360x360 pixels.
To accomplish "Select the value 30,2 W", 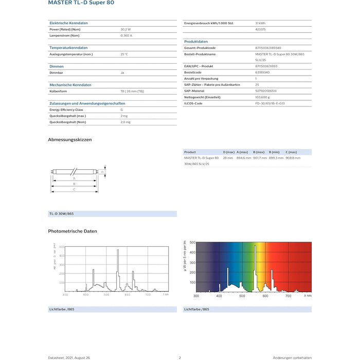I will (x=126, y=29).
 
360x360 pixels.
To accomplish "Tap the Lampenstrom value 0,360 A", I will (x=127, y=36).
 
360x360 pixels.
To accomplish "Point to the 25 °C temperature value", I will (x=124, y=54).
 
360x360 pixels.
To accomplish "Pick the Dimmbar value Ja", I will (x=122, y=73).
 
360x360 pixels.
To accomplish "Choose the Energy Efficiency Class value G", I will (x=122, y=110).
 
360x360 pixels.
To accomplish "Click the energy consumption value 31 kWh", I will (x=261, y=23).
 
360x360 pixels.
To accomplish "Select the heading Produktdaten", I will (x=196, y=41).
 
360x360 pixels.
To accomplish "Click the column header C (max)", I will (x=291, y=152).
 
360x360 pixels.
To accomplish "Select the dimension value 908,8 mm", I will (x=293, y=158).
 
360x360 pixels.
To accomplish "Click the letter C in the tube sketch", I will (x=75, y=190).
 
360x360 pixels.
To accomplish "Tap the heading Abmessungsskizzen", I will (x=70, y=140).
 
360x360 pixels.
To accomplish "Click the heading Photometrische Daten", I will (x=73, y=231).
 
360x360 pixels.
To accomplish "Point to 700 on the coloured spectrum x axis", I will (x=288, y=296).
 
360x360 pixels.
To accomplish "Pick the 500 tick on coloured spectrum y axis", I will (x=192, y=242).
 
